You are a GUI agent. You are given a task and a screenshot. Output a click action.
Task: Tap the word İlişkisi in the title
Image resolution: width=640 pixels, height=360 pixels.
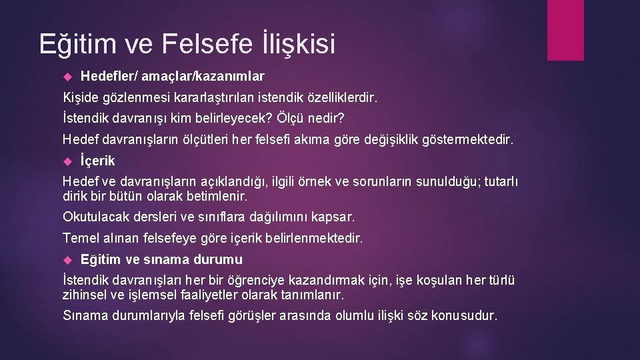click(x=296, y=44)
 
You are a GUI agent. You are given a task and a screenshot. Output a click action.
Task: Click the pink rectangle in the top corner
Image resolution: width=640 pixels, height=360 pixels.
click(x=565, y=30)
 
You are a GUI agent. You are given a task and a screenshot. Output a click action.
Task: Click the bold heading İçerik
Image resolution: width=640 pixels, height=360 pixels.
click(x=97, y=161)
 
